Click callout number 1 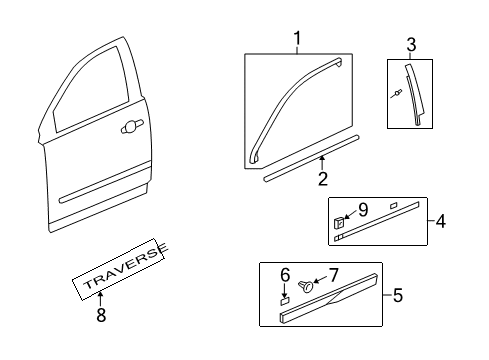coord(296,39)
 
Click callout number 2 coord(322,180)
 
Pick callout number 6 coord(284,274)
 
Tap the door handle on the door coord(130,127)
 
